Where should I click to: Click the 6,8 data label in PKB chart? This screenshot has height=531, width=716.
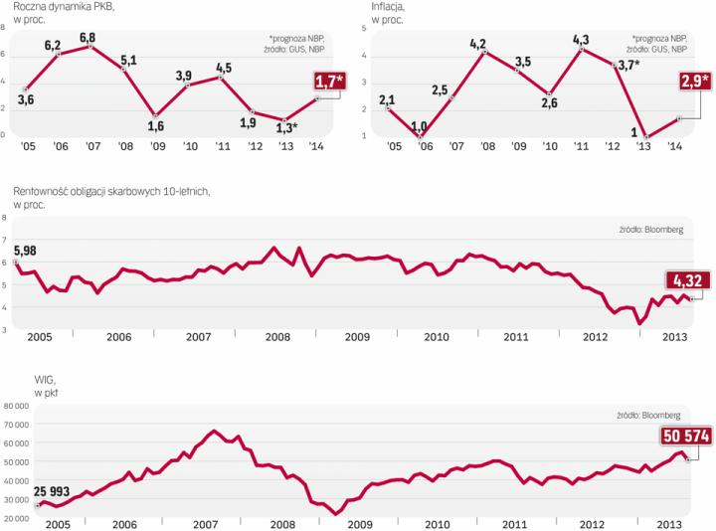click(x=88, y=37)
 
